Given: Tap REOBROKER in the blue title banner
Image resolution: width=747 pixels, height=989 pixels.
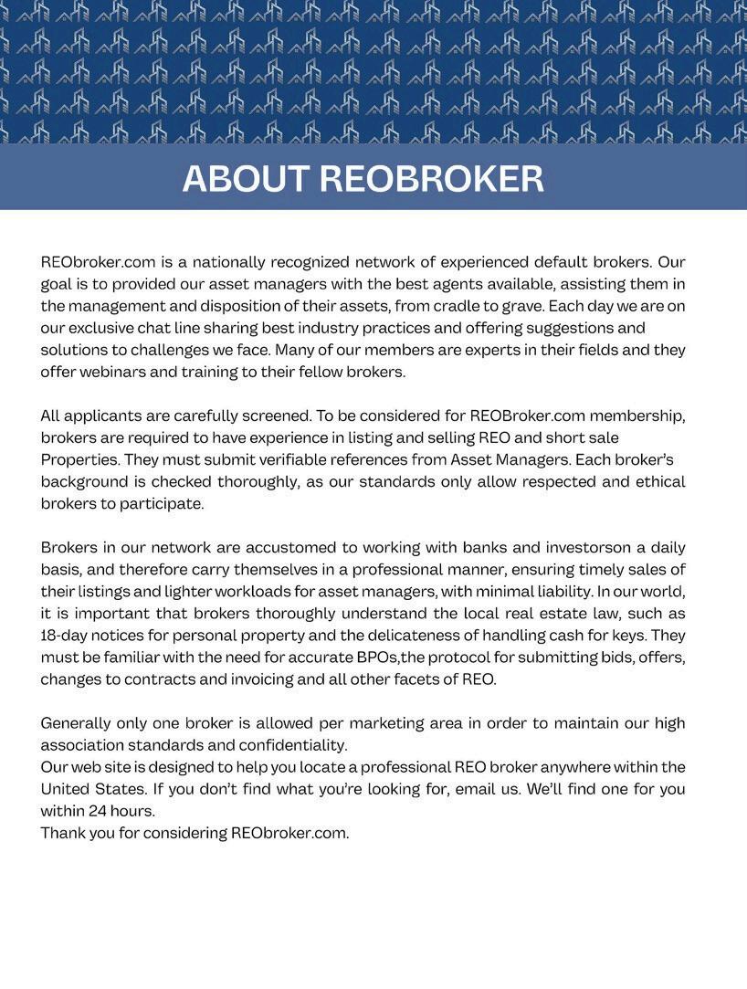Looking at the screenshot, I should pos(431,178).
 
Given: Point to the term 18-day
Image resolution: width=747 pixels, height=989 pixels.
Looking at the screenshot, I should pos(67,636).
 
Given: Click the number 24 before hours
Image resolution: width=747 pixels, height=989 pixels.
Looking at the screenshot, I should pos(99,811).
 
